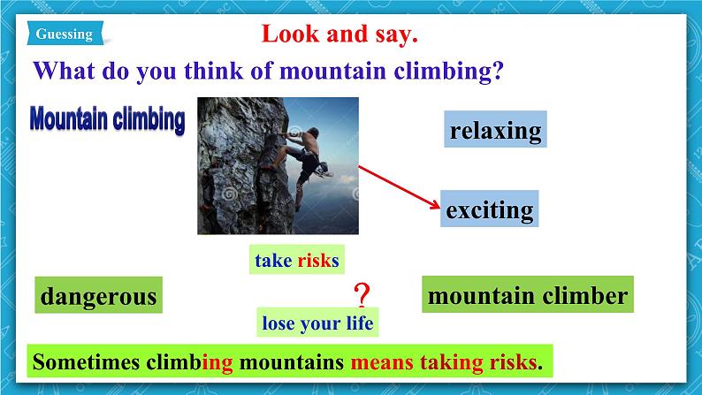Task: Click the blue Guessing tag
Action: coord(65,33)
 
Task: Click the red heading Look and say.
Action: coord(340,34)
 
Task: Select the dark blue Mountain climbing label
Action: coord(108,120)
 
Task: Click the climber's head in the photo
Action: coord(313,133)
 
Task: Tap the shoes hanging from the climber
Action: coord(324,170)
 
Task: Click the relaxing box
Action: coord(495,129)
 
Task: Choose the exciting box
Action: coord(489,209)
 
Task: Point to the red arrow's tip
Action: coord(439,208)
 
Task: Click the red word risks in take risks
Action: coord(318,261)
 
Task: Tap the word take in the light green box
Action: coord(273,261)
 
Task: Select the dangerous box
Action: coord(98,295)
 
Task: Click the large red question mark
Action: coord(362,294)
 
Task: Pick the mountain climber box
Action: coord(528,294)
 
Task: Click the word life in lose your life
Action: coord(360,323)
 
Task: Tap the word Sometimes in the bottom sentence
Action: coord(86,361)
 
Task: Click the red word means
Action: coord(382,362)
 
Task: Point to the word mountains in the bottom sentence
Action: coord(292,362)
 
